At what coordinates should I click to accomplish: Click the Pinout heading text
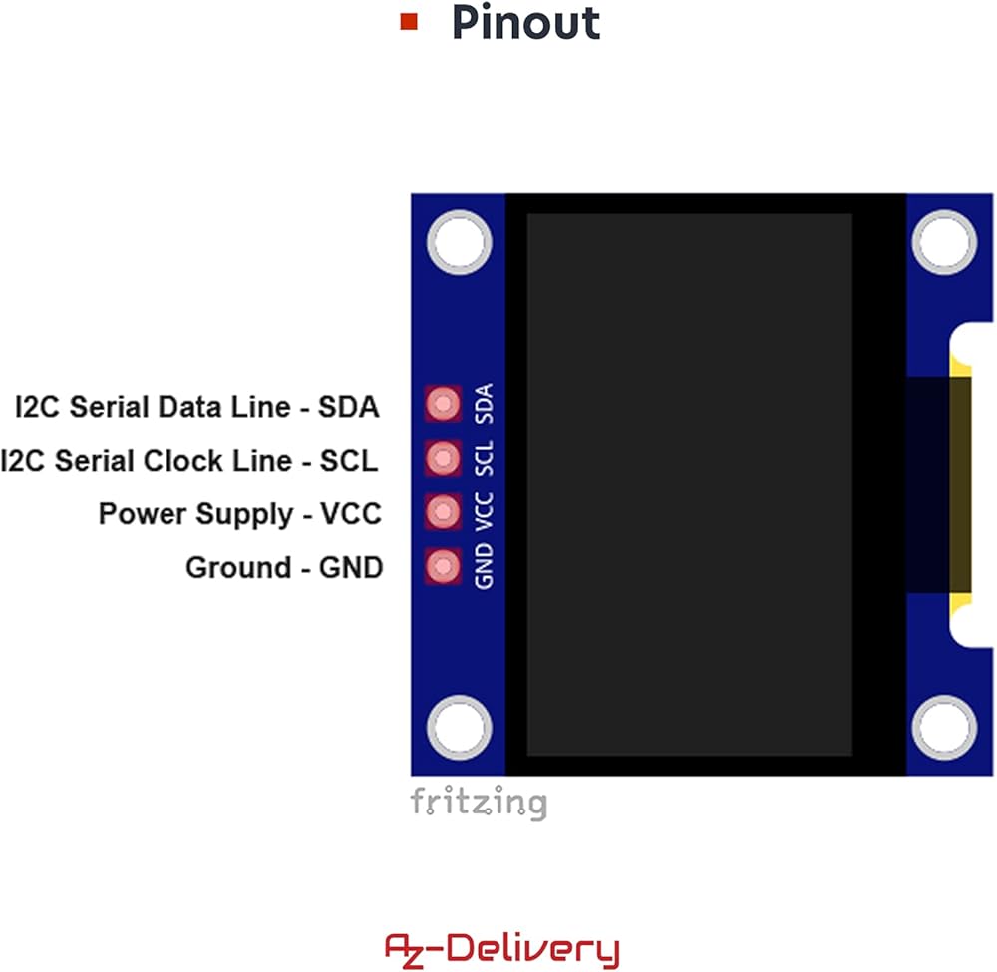click(525, 22)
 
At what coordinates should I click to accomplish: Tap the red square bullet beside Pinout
click(408, 21)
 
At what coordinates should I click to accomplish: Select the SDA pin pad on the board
click(443, 404)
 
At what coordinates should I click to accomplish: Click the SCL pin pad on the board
click(443, 458)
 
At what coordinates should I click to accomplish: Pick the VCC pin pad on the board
click(443, 512)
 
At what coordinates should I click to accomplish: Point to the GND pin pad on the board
click(443, 567)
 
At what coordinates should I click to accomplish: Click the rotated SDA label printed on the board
click(485, 404)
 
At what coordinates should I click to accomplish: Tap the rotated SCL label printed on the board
click(485, 458)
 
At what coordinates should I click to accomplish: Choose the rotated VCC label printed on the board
click(485, 511)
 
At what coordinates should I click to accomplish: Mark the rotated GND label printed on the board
click(485, 567)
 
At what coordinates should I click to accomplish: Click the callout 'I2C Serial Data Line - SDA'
click(197, 407)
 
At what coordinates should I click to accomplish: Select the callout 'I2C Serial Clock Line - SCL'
click(189, 461)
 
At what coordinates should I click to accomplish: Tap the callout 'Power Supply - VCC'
click(240, 514)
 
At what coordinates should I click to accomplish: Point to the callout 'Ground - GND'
click(284, 568)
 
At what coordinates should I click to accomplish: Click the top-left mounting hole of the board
click(460, 242)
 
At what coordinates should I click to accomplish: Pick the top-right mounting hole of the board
click(943, 242)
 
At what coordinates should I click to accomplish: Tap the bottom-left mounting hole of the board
click(460, 727)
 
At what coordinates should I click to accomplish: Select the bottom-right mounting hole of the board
click(943, 727)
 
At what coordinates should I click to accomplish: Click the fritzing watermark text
click(479, 802)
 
